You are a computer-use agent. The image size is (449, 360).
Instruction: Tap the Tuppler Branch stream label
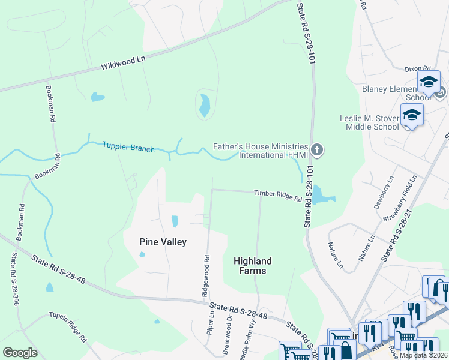click(128, 146)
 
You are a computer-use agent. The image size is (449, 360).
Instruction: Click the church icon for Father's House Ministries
click(318, 149)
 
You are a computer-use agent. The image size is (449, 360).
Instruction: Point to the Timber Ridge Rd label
click(277, 196)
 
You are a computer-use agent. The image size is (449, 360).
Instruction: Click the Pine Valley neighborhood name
click(163, 242)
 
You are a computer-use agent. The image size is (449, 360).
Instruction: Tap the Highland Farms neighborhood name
click(252, 266)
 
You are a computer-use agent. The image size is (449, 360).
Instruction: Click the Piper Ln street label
click(211, 322)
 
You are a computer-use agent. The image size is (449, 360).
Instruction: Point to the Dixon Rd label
click(418, 70)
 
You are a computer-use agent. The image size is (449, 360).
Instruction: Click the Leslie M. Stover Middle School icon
click(412, 115)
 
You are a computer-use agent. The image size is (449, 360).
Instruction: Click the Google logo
click(20, 352)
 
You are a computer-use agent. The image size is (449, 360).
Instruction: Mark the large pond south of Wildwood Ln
click(205, 106)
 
